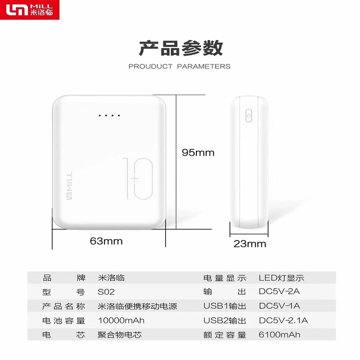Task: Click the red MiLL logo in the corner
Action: tap(30, 10)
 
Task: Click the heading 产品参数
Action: tap(181, 48)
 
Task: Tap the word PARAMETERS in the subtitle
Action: tap(204, 66)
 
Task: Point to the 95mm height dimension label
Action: tap(198, 153)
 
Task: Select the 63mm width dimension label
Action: tap(106, 241)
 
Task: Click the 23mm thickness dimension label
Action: tap(250, 244)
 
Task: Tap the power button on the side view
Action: tap(249, 116)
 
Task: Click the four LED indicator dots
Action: tap(109, 116)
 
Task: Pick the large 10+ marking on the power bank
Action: tap(138, 178)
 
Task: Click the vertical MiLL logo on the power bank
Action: tap(69, 185)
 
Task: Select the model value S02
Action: tap(106, 292)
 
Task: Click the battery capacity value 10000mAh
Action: tap(121, 320)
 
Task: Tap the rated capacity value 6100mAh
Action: tap(279, 335)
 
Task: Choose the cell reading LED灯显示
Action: tap(282, 278)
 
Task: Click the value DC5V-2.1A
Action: tap(283, 320)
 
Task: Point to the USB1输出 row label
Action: tap(225, 306)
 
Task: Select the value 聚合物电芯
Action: tap(120, 335)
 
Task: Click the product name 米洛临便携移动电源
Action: tap(137, 306)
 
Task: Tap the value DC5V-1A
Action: tap(279, 306)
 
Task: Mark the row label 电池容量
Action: tap(63, 321)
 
